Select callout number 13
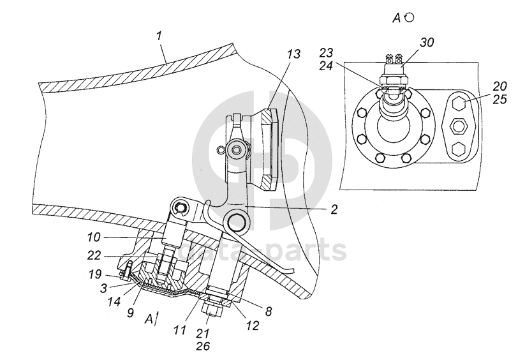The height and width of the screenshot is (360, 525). pos(293,55)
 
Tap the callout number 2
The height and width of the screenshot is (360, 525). pos(334,209)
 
